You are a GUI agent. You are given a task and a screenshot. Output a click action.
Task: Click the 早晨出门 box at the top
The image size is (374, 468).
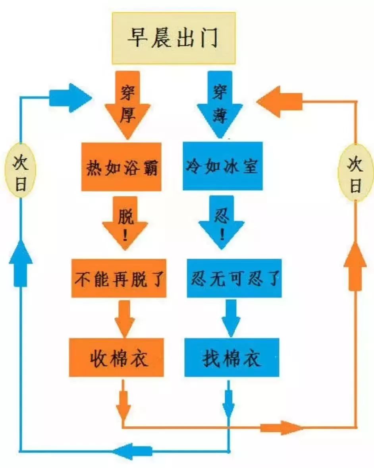point(174,38)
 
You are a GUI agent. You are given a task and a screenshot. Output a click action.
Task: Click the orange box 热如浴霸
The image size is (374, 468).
point(121,167)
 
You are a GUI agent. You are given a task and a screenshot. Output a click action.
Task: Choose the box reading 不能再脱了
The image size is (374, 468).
point(119,278)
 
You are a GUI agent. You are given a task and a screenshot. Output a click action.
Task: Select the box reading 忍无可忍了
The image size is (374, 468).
point(234,278)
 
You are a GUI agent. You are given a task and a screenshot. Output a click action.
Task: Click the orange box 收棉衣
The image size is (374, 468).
point(116,357)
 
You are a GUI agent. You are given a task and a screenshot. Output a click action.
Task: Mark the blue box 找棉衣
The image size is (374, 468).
point(231,357)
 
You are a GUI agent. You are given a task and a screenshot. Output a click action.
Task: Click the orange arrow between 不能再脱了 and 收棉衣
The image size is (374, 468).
point(124,318)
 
